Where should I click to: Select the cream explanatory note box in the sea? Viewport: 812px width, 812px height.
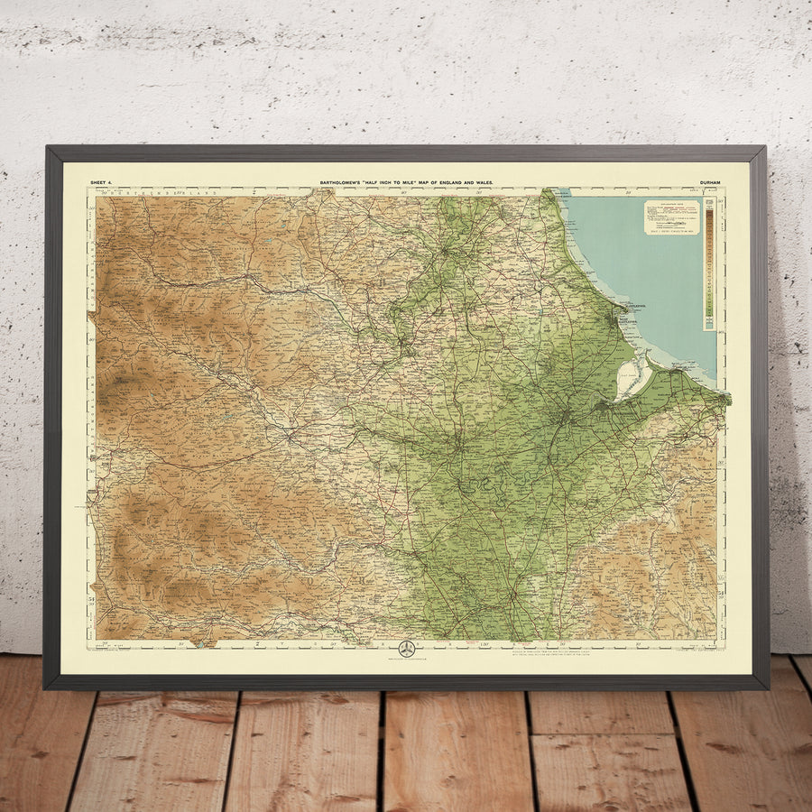tap(671, 217)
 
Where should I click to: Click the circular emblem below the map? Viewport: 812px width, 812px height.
tap(406, 649)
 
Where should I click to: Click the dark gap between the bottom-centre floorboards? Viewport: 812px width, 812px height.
tap(383, 749)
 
